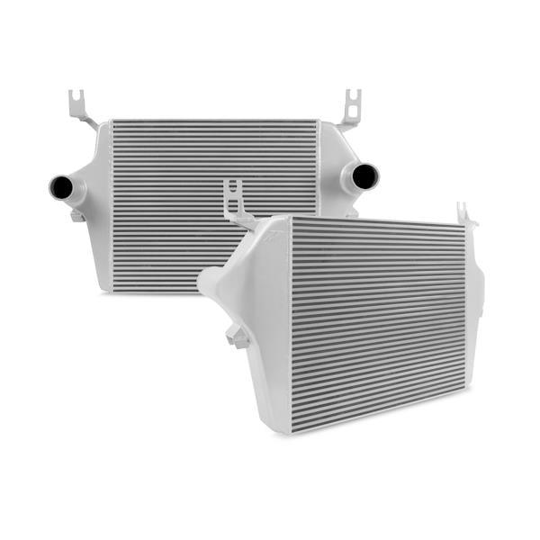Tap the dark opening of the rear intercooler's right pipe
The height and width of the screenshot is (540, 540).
pyautogui.click(x=365, y=176)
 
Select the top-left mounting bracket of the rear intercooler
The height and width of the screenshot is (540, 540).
pyautogui.click(x=82, y=110)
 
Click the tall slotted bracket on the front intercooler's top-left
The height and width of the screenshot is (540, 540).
pyautogui.click(x=236, y=202)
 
